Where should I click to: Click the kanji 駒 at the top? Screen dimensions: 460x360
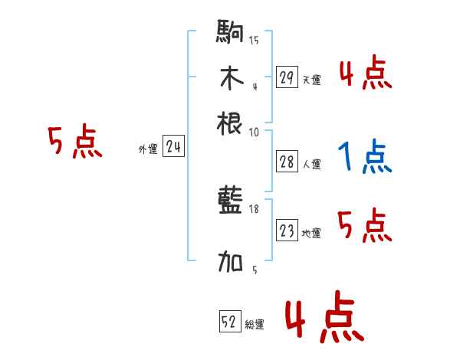point(231,34)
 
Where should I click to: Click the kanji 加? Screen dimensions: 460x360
point(231,263)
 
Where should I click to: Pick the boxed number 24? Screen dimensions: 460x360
point(173,147)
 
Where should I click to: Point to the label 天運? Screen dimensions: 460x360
point(311,80)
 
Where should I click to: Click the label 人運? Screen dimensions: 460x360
point(311,163)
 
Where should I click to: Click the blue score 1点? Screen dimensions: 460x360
point(365,157)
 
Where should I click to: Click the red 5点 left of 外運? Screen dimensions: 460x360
point(74,143)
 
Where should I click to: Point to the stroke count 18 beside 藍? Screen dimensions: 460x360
point(255,208)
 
